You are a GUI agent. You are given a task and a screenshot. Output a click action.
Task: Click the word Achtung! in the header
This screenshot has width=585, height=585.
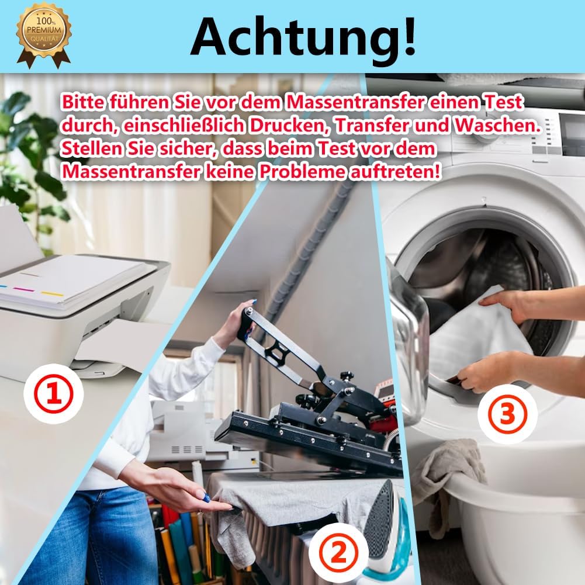[x=303, y=36]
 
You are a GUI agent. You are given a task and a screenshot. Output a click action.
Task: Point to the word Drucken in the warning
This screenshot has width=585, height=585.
[x=267, y=125]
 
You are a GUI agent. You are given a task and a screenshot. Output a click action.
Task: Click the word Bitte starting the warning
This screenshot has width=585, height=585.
[x=85, y=103]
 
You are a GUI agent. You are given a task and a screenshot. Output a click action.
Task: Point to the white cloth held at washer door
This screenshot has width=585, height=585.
[x=479, y=333]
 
